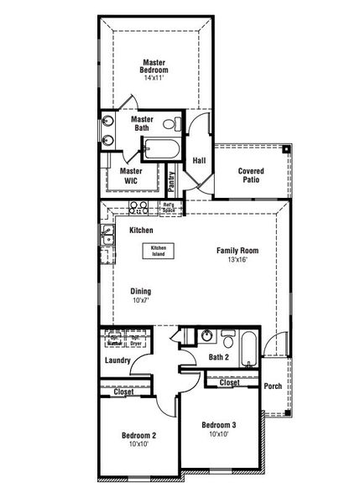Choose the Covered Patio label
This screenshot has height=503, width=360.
point(251,174)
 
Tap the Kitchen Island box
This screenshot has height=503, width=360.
point(159,250)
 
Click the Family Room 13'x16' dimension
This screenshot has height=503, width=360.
point(237,260)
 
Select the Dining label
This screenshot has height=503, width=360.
point(140,292)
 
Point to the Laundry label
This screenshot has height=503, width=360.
point(118,360)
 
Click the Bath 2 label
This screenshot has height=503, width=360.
point(220,359)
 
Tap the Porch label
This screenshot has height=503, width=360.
point(272,386)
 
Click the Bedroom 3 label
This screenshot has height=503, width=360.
point(218,425)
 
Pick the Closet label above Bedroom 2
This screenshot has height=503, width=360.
point(123,391)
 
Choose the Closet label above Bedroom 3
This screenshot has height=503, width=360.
point(229,382)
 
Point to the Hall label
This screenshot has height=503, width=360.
point(200,160)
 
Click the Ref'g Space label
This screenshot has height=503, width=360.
point(169,206)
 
